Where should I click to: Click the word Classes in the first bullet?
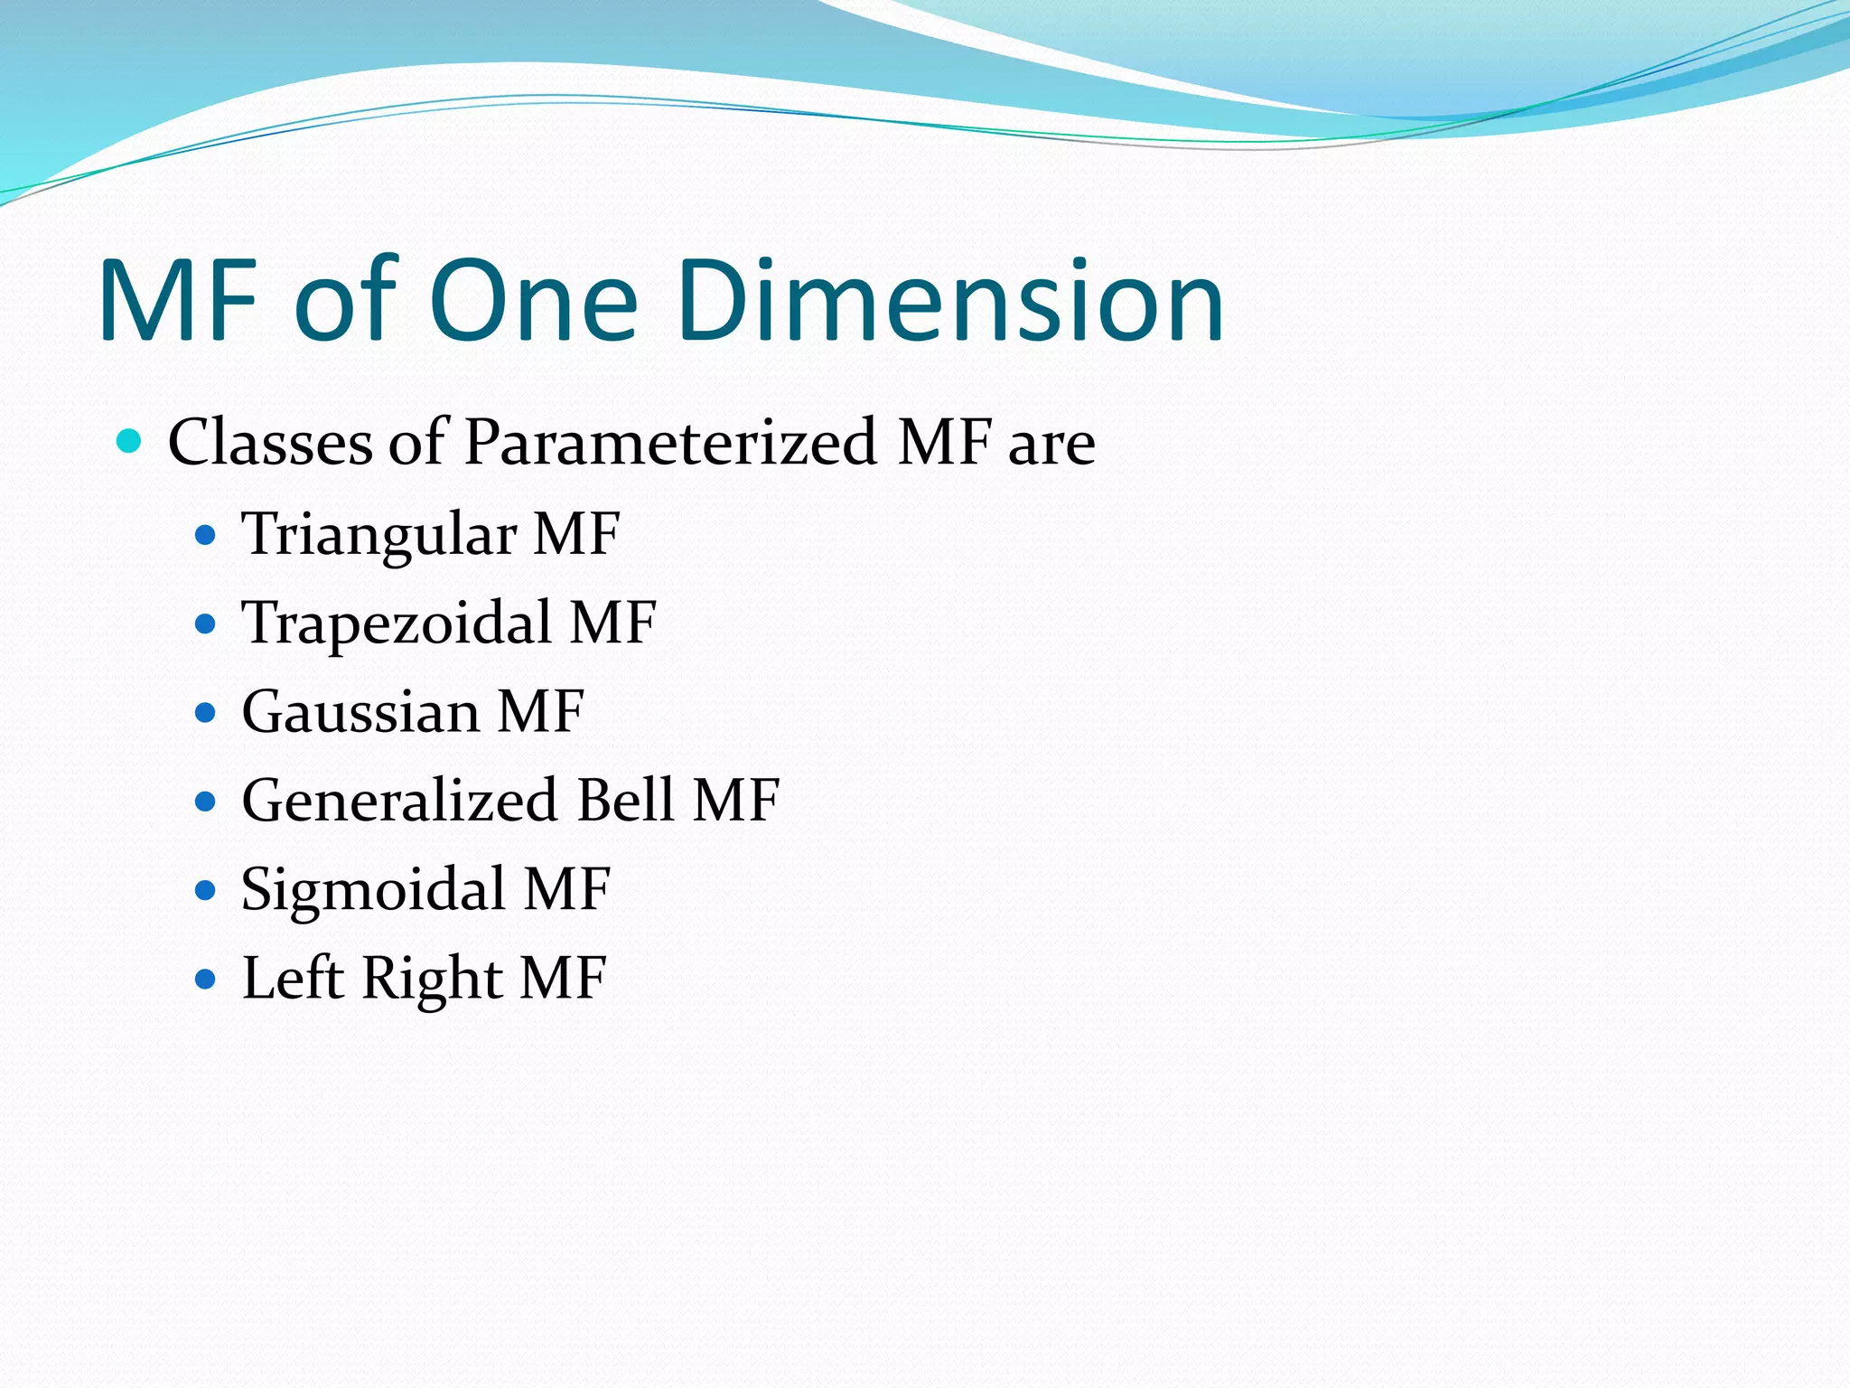tap(270, 442)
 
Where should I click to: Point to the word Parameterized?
tap(670, 442)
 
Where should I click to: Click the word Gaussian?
tap(360, 712)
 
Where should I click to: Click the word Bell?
tap(625, 800)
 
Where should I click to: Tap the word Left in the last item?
tap(293, 978)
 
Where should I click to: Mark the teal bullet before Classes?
tap(130, 442)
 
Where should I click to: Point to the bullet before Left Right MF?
tap(206, 979)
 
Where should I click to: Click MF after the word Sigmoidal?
tap(567, 889)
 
